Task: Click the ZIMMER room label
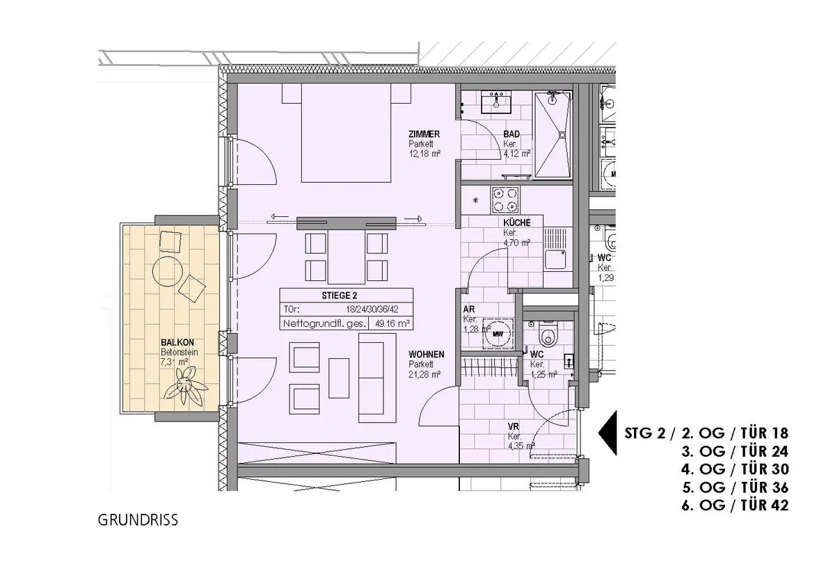(424, 134)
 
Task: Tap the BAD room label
(511, 134)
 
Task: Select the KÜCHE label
(516, 223)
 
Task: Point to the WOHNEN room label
(426, 355)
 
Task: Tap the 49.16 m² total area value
(392, 323)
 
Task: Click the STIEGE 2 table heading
(340, 296)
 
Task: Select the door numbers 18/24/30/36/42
(372, 309)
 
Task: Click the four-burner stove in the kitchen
(505, 200)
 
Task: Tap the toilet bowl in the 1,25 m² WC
(547, 334)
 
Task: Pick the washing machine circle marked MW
(498, 334)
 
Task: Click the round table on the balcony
(168, 271)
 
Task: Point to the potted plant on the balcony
(185, 386)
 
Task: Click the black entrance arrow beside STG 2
(607, 433)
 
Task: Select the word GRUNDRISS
(138, 520)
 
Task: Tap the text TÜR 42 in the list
(765, 506)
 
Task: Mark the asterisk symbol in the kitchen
(476, 200)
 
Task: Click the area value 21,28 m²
(424, 375)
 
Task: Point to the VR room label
(514, 426)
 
